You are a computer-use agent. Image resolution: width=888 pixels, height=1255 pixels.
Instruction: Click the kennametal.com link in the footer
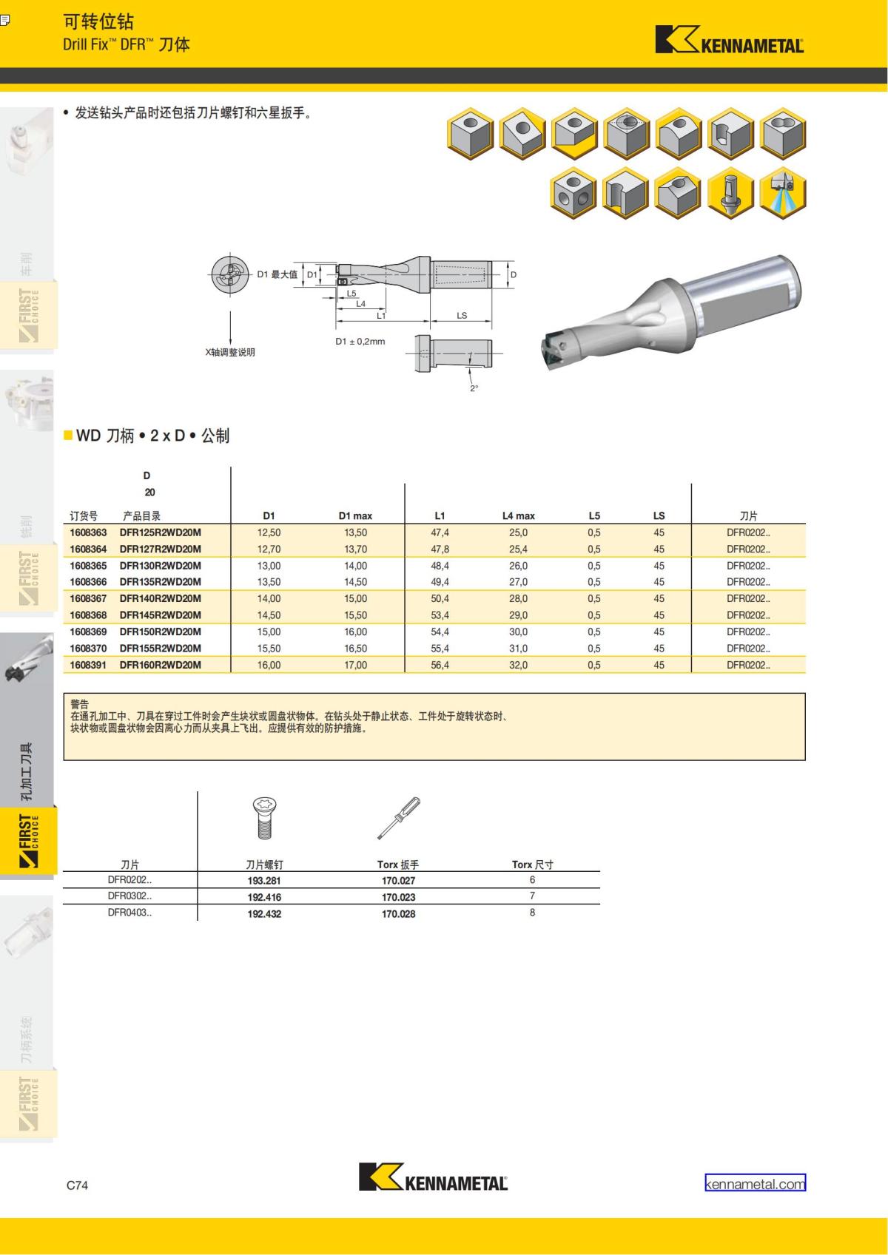pyautogui.click(x=755, y=1184)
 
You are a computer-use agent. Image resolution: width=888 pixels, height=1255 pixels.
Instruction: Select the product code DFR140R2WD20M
pyautogui.click(x=161, y=598)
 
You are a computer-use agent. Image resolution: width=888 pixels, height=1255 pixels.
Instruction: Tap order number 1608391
pyautogui.click(x=88, y=665)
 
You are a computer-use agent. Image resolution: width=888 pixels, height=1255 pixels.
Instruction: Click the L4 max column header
pyautogui.click(x=518, y=516)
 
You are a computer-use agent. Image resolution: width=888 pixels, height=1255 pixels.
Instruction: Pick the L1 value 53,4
pyautogui.click(x=440, y=615)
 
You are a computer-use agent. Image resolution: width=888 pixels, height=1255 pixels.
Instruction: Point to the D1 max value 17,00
pyautogui.click(x=355, y=665)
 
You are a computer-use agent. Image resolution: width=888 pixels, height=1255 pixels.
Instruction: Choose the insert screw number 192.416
pyautogui.click(x=264, y=897)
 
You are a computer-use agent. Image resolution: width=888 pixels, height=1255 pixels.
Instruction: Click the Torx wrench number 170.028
pyautogui.click(x=398, y=914)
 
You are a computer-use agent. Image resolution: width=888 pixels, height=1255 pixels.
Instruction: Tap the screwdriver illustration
pyautogui.click(x=399, y=818)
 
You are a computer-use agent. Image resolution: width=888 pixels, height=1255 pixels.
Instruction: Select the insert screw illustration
pyautogui.click(x=264, y=818)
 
